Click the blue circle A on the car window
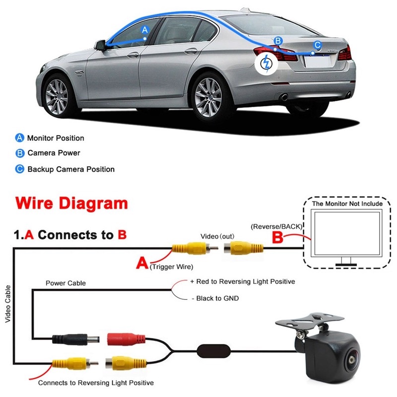145,30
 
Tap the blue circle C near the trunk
318,45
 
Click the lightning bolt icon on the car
266,64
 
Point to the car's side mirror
100,46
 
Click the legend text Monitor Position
56,138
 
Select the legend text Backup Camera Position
71,169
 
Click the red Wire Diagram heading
71,203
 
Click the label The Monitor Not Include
347,204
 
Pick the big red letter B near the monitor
277,238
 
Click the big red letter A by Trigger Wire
142,263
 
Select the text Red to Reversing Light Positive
246,281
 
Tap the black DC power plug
76,339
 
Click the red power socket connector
126,339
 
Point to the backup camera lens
352,360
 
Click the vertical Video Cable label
8,304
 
